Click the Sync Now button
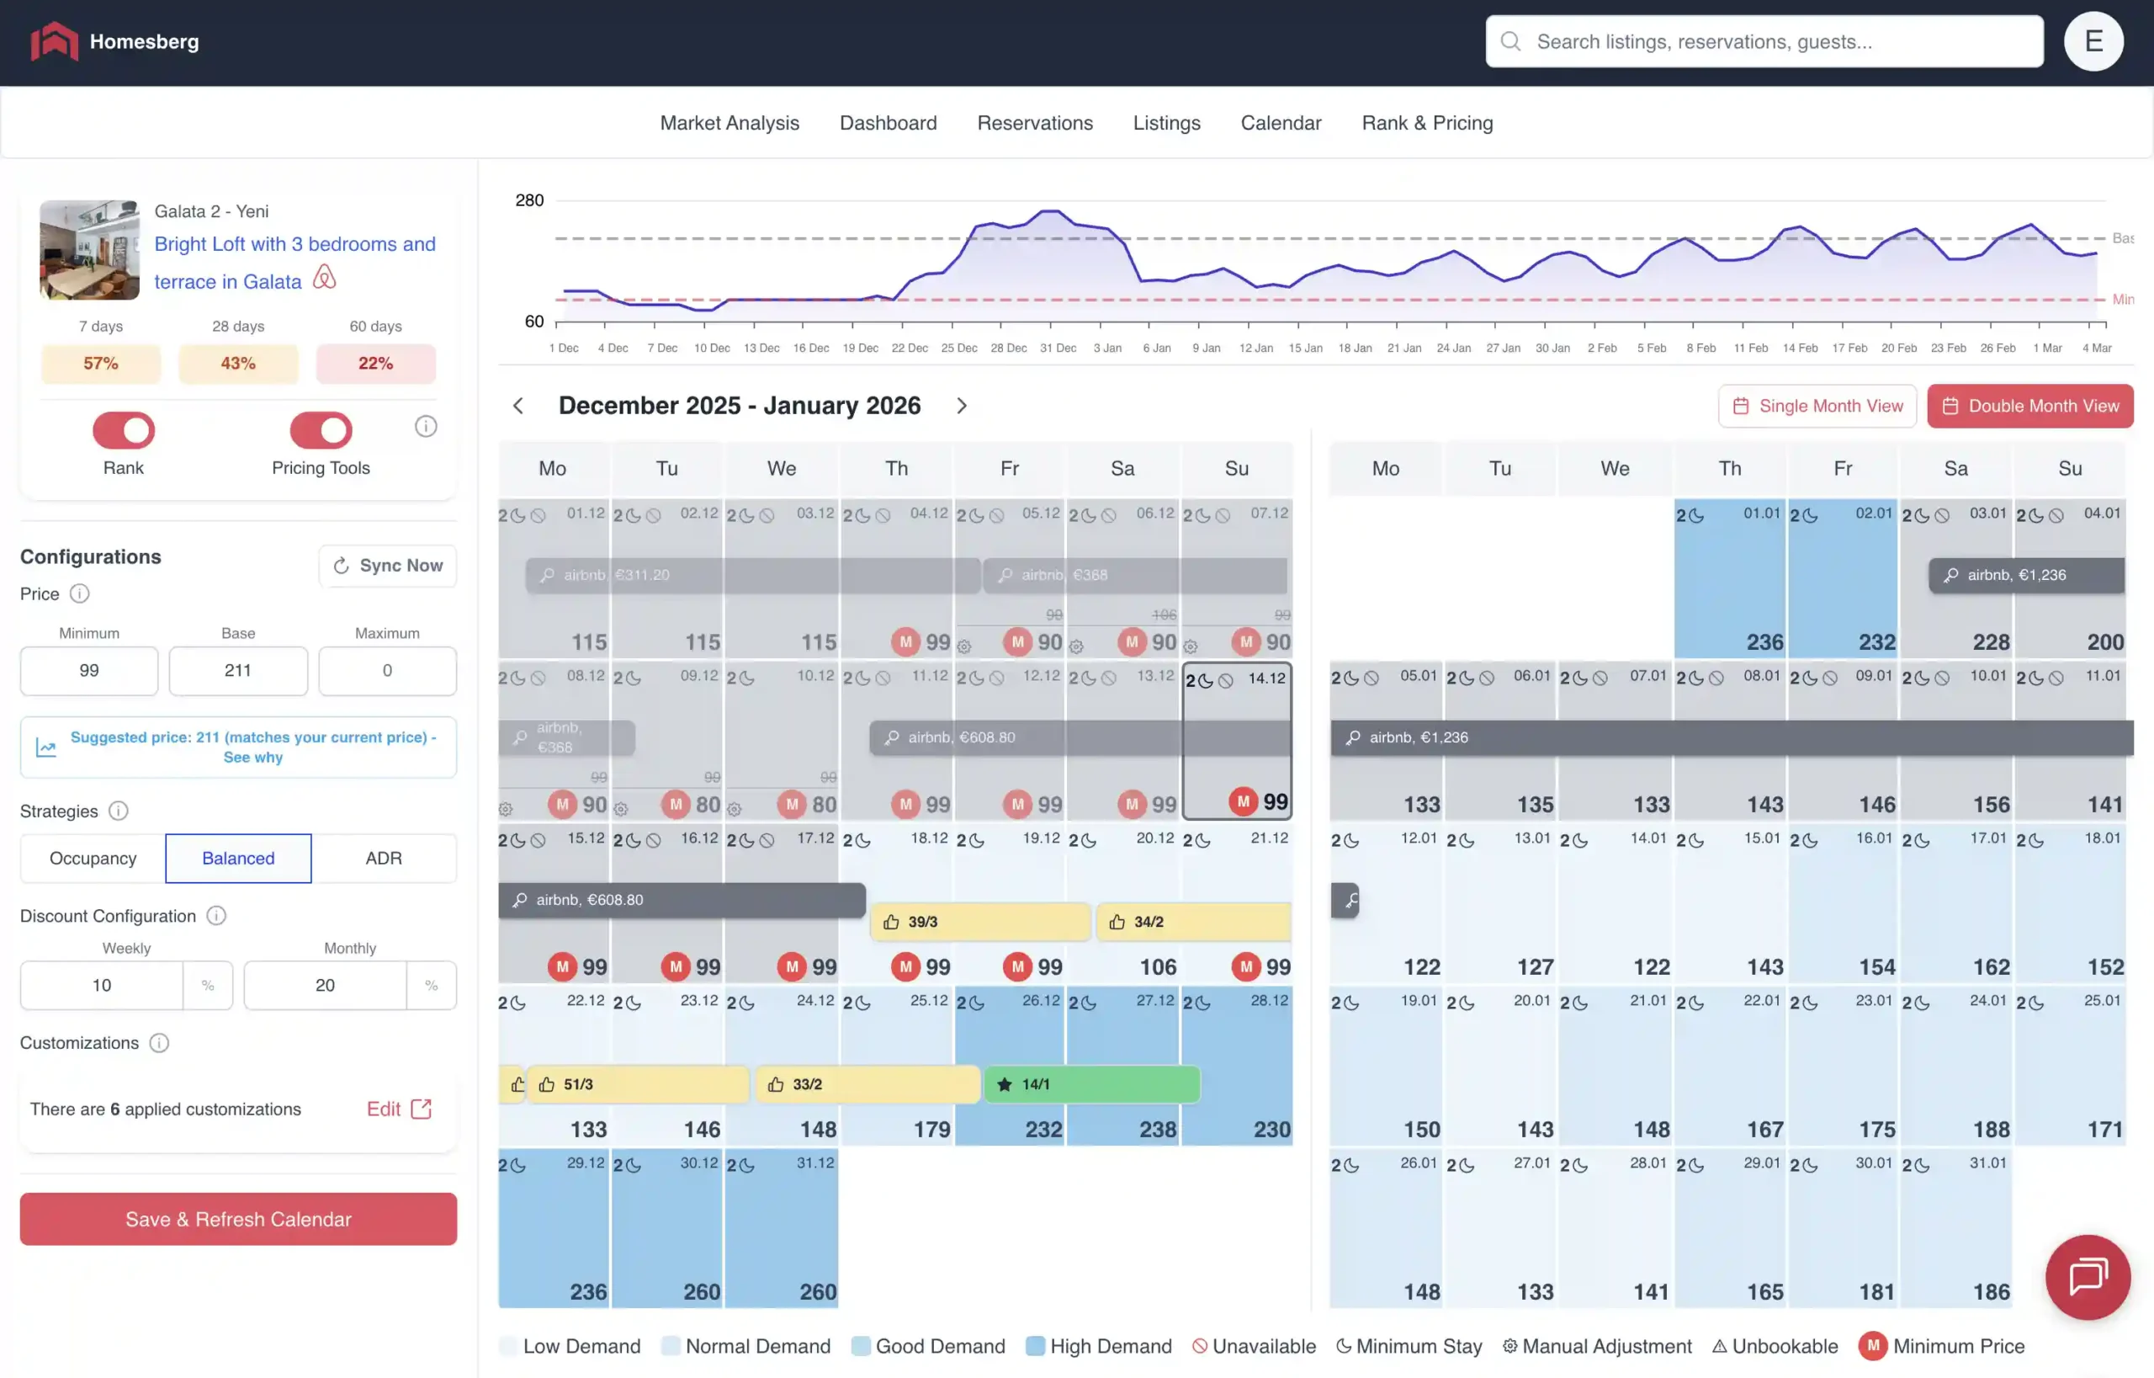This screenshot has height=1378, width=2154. click(387, 566)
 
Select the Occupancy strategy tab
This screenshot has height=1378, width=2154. click(93, 858)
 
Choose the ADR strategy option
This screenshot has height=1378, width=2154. click(384, 858)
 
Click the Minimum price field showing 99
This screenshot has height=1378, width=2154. click(88, 670)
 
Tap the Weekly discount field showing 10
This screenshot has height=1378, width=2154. click(102, 985)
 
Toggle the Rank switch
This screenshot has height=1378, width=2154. click(124, 430)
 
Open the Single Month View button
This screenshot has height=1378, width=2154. click(1817, 407)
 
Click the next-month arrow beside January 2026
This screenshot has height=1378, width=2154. click(962, 407)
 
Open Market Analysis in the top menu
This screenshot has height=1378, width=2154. click(729, 123)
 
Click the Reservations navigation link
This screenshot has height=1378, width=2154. click(1034, 123)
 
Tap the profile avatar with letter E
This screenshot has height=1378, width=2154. click(2093, 41)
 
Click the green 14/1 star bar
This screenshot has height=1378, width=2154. click(1091, 1084)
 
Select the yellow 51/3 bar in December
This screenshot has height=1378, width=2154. click(637, 1084)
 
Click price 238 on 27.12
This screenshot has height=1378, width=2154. click(1158, 1129)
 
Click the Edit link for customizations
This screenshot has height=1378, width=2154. click(398, 1109)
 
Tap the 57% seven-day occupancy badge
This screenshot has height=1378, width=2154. click(101, 364)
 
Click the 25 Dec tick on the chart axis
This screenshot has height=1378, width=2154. click(958, 348)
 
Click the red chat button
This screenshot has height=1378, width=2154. click(2087, 1276)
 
